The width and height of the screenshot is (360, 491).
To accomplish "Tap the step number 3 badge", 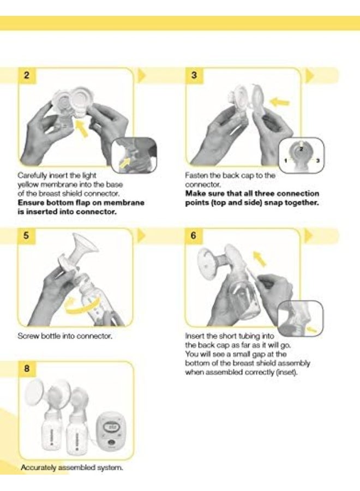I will click(x=194, y=75).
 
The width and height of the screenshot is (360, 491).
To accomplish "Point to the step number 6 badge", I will click(x=194, y=236).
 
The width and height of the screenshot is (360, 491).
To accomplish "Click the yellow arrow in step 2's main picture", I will click(x=83, y=129).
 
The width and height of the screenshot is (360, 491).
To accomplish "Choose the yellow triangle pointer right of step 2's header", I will click(x=141, y=75).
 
